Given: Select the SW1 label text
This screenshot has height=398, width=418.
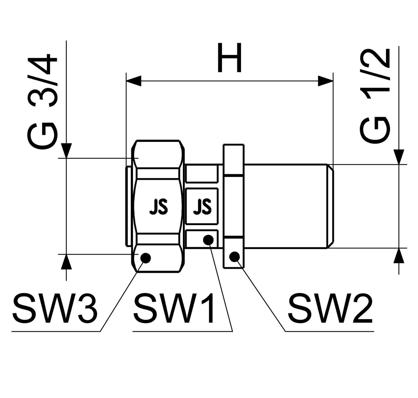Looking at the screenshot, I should click(x=174, y=308).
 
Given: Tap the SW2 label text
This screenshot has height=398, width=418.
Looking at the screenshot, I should click(x=330, y=308).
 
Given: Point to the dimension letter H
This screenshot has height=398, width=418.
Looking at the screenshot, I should click(x=229, y=58).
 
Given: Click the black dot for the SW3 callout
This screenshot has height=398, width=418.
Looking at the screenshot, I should click(x=146, y=258).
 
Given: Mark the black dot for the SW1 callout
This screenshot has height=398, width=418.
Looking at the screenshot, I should click(x=208, y=240).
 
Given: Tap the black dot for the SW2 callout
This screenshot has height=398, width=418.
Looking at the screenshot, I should click(x=234, y=256).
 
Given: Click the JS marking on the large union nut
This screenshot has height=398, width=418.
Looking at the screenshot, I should click(x=159, y=207).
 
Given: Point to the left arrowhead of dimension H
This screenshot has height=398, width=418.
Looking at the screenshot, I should click(x=133, y=81).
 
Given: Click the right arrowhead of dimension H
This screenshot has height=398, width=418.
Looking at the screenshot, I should click(x=326, y=81).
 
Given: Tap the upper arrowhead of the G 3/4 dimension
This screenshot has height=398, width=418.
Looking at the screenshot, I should click(x=66, y=151).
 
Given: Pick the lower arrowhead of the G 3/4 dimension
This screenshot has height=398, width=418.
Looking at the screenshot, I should click(x=66, y=262).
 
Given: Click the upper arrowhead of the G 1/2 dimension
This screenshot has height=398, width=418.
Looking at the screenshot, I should click(x=399, y=157).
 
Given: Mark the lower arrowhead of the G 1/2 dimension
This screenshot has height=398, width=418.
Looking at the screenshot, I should click(x=399, y=255).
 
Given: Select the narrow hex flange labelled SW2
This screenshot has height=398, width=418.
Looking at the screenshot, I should click(x=233, y=206).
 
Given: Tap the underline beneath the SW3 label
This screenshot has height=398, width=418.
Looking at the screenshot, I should click(x=56, y=331).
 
